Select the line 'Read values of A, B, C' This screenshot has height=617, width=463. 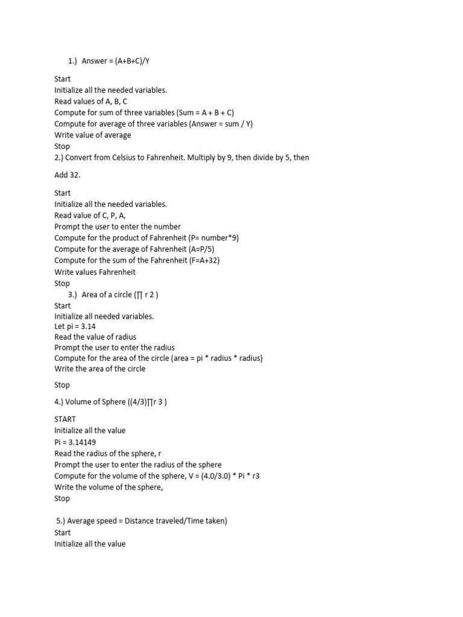pyautogui.click(x=90, y=101)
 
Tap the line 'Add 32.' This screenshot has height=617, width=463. pyautogui.click(x=67, y=175)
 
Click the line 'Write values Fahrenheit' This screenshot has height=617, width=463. pyautogui.click(x=95, y=272)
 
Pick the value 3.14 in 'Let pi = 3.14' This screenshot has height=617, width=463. pyautogui.click(x=88, y=326)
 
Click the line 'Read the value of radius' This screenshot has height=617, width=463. pyautogui.click(x=95, y=337)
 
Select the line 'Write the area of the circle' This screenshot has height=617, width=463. pyautogui.click(x=99, y=369)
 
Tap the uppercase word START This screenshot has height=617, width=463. pyautogui.click(x=65, y=419)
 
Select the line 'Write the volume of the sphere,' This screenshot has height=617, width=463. pyautogui.click(x=109, y=487)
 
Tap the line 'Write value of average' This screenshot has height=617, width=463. pyautogui.click(x=92, y=135)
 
